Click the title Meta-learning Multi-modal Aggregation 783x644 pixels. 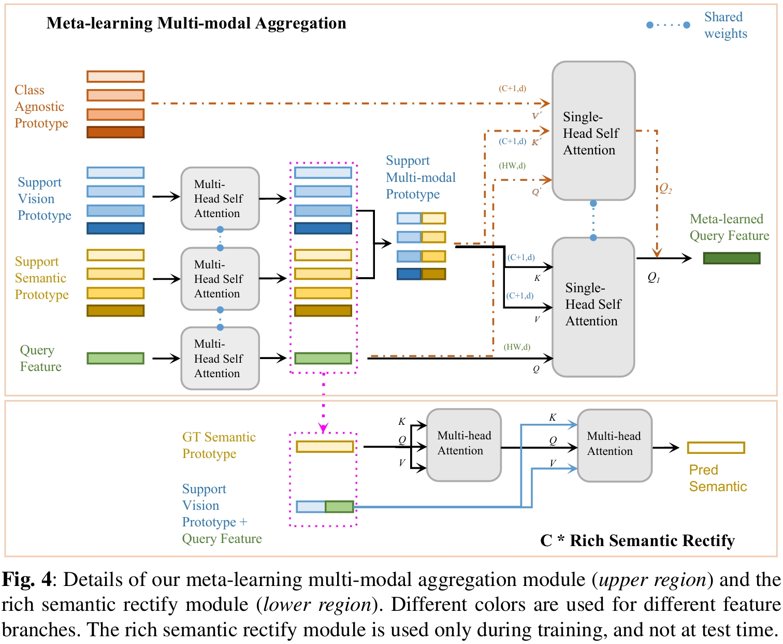click(x=196, y=23)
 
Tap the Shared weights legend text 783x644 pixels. click(x=725, y=25)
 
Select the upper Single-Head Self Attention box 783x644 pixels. click(x=593, y=131)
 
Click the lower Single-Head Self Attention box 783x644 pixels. click(x=593, y=307)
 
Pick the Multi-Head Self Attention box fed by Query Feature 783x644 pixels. click(x=220, y=358)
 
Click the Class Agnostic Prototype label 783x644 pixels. click(x=41, y=107)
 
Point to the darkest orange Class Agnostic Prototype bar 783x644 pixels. click(x=115, y=132)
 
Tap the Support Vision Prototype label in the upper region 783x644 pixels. click(x=44, y=199)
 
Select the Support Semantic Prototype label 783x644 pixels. click(x=41, y=278)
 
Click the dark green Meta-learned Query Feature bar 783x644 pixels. click(x=731, y=258)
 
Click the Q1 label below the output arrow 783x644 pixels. click(x=654, y=278)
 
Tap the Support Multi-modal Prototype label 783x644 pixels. click(x=421, y=178)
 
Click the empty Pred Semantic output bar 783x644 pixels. click(x=716, y=448)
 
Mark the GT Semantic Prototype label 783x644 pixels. click(x=219, y=446)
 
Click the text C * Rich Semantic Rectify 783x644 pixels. click(x=637, y=541)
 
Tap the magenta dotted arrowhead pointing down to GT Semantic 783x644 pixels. click(x=324, y=428)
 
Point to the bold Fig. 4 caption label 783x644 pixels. click(x=27, y=580)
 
